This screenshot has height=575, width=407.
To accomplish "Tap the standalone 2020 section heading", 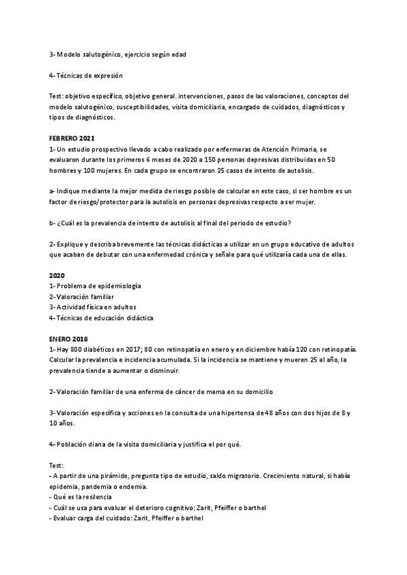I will click(x=56, y=275).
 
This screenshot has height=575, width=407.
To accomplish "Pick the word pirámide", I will click(x=120, y=475).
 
